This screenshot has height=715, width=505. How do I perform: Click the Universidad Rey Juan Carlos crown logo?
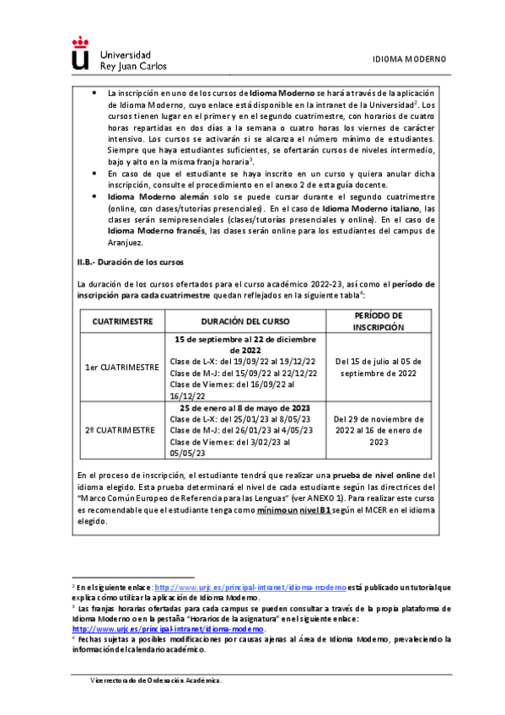click(79, 53)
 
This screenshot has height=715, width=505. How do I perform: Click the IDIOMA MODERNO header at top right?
click(409, 60)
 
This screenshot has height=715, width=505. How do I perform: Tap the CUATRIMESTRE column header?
click(121, 321)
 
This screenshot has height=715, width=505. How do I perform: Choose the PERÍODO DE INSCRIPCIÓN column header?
click(378, 321)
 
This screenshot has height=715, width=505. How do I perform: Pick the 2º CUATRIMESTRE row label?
click(121, 429)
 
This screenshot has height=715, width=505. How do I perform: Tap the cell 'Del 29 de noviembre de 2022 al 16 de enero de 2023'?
click(378, 429)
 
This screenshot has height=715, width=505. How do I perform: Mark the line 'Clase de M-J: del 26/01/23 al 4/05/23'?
click(241, 429)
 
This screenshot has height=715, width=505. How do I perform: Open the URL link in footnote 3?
click(169, 629)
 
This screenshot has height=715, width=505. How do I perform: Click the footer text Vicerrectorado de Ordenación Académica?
click(157, 680)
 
